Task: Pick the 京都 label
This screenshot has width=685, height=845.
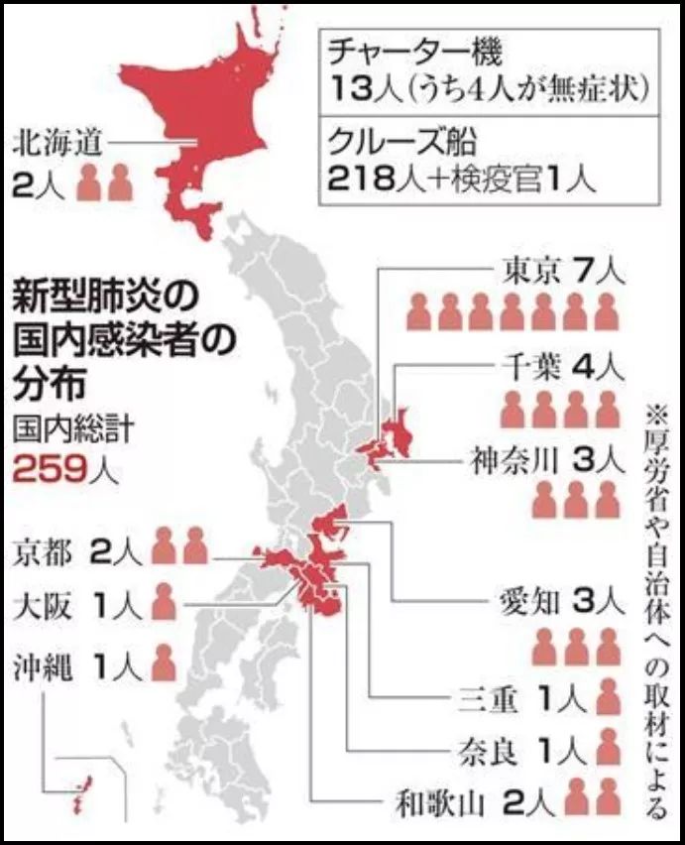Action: pos(45,551)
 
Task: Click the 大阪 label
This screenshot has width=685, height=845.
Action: pos(45,604)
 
